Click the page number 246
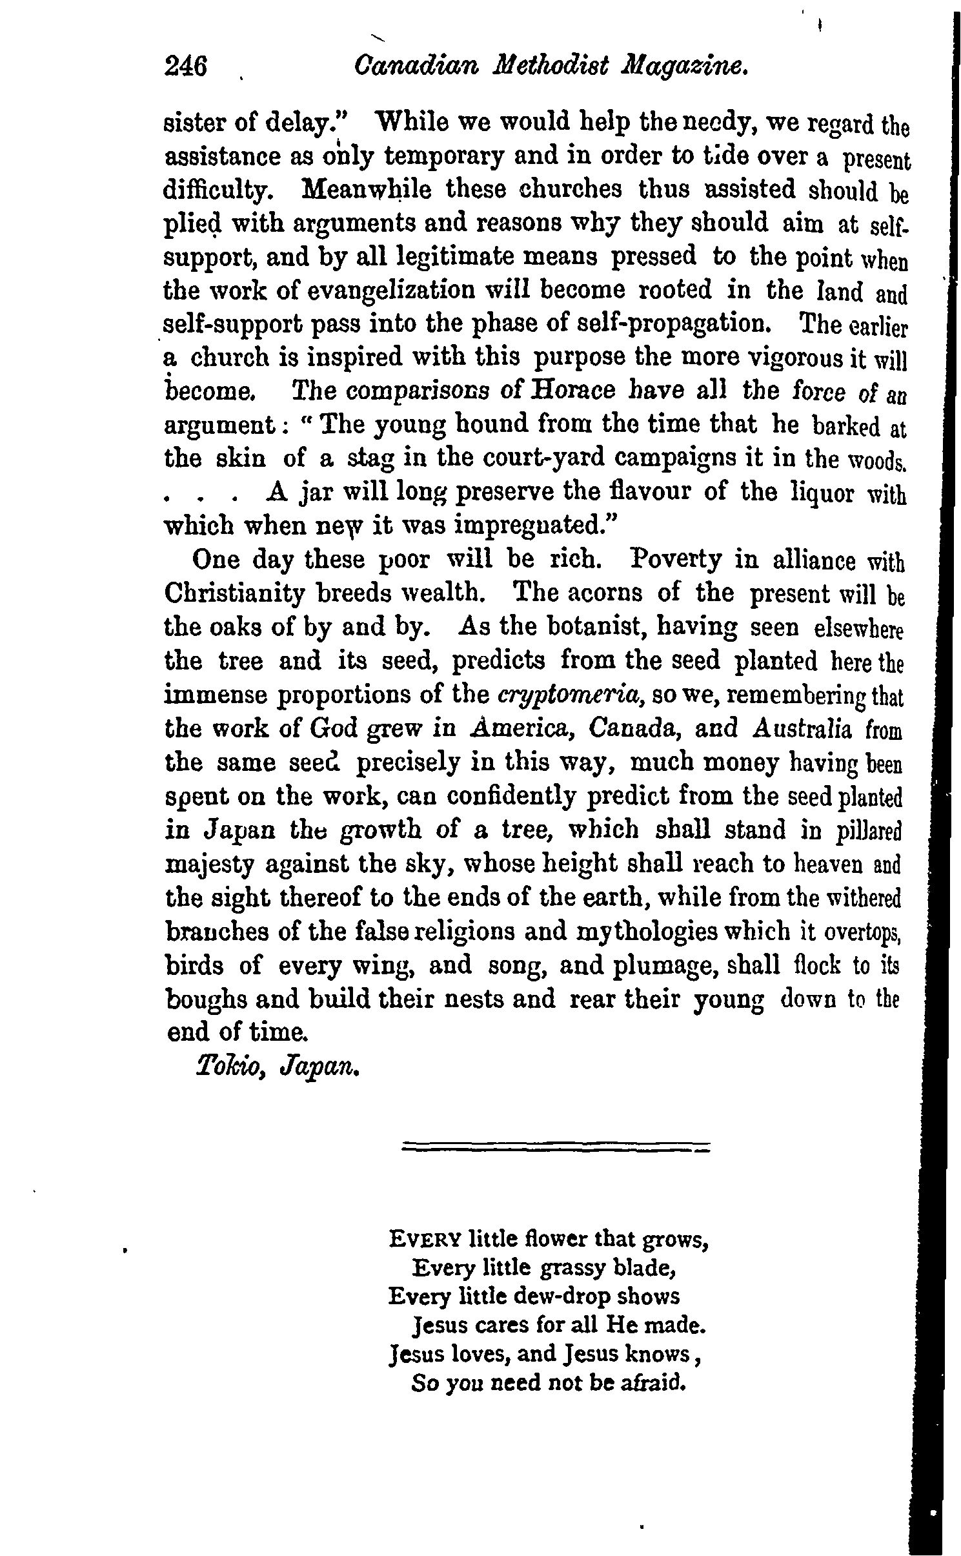click(x=186, y=67)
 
